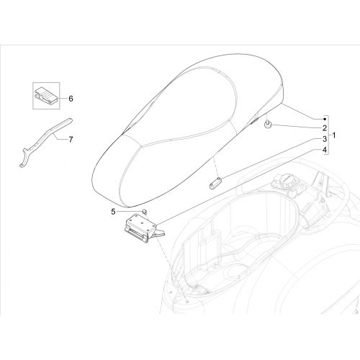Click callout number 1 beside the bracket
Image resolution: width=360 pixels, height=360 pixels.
[x=334, y=135]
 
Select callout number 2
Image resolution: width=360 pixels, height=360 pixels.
[x=325, y=128]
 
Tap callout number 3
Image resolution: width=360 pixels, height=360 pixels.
[x=325, y=139]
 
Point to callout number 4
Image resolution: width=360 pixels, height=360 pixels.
[x=325, y=150]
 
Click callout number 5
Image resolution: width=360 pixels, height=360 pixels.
[x=113, y=212]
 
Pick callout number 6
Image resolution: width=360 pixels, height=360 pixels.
[x=71, y=99]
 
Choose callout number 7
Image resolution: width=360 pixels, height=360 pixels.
[x=71, y=140]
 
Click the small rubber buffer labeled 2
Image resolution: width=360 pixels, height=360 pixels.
[x=268, y=125]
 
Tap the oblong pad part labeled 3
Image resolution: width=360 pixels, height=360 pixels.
[x=216, y=183]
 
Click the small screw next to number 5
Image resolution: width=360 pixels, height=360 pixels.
[x=145, y=211]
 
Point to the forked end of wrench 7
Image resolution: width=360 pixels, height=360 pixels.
[x=24, y=157]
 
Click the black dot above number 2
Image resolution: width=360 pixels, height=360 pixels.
[x=325, y=119]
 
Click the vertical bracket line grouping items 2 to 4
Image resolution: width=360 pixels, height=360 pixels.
[x=328, y=135]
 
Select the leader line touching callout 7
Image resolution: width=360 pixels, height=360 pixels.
[x=60, y=138]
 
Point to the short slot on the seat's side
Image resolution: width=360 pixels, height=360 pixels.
[x=254, y=121]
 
